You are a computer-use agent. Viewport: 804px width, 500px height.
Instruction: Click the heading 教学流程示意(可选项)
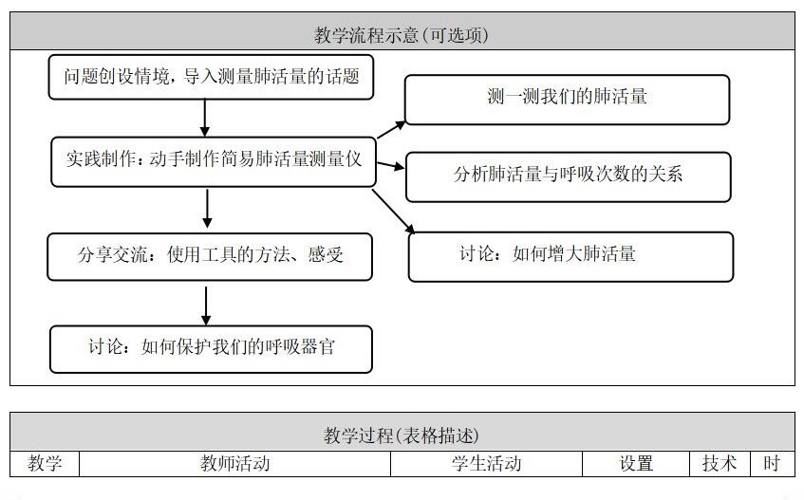click(402, 35)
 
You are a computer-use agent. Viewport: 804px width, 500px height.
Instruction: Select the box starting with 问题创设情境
click(211, 77)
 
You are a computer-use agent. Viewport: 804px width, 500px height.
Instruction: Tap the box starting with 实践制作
click(213, 160)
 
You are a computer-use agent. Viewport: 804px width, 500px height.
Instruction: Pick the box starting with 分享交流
click(210, 256)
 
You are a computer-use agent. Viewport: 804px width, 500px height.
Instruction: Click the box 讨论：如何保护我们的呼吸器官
click(210, 348)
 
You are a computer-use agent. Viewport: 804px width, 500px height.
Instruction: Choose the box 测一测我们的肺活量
click(567, 99)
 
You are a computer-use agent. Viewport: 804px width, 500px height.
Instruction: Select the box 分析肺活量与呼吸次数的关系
click(568, 176)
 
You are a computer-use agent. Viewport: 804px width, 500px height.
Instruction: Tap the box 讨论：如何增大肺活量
click(570, 256)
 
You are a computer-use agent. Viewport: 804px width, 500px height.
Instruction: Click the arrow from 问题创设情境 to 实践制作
click(205, 118)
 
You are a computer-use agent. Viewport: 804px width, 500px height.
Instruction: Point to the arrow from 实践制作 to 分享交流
click(207, 208)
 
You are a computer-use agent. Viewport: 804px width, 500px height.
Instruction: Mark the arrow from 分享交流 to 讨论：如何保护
click(206, 305)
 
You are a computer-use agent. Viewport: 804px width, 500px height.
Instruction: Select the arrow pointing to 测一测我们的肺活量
click(389, 133)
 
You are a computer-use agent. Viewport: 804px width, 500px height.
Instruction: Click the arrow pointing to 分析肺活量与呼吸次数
click(389, 167)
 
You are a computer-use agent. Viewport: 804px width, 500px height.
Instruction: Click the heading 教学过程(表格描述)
click(402, 435)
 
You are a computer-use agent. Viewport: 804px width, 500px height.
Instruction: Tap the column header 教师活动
click(234, 464)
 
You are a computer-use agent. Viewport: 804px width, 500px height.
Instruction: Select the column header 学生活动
click(486, 464)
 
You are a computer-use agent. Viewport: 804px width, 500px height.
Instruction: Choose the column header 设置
click(636, 464)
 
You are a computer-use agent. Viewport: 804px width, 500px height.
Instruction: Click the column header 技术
click(720, 464)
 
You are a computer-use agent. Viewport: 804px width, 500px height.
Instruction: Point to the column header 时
click(772, 464)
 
